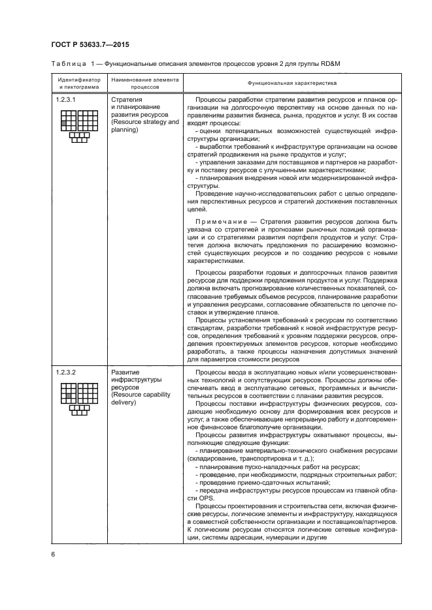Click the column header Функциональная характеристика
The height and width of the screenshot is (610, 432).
click(292, 84)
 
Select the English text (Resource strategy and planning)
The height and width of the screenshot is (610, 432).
click(144, 126)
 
